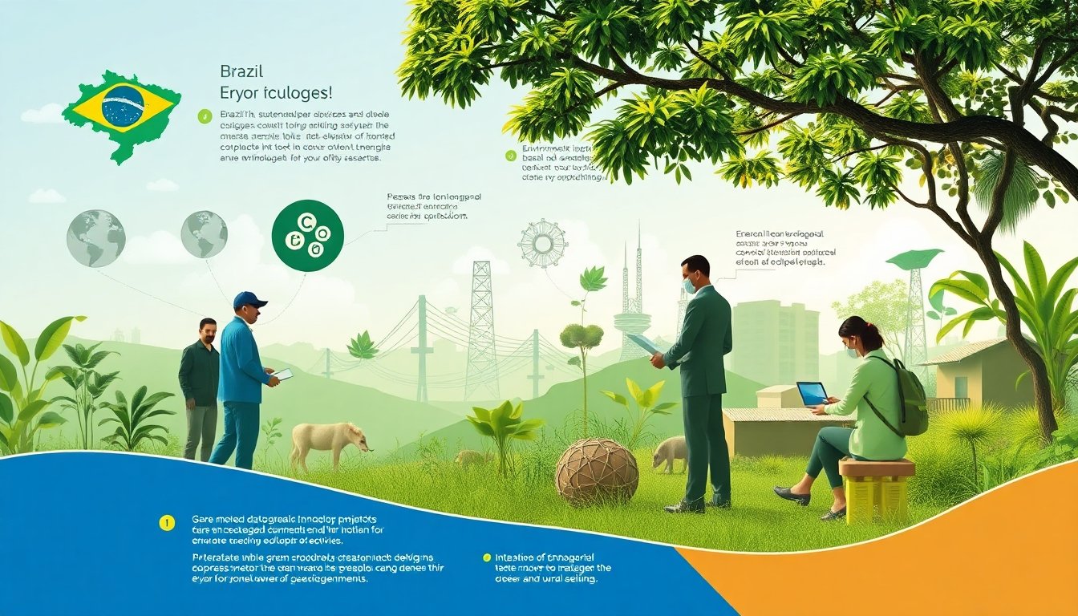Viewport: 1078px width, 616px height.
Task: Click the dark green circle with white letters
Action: click(307, 235)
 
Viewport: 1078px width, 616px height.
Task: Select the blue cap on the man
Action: click(249, 300)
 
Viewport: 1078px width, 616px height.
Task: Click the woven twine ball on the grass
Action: click(597, 471)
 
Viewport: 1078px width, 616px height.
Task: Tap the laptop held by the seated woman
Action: click(813, 394)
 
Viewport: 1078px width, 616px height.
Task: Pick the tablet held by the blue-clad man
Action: click(282, 375)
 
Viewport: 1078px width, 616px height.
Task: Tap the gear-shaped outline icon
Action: click(542, 243)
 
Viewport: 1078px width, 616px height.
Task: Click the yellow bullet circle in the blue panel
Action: click(167, 523)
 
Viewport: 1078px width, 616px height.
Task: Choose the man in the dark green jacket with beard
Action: click(199, 385)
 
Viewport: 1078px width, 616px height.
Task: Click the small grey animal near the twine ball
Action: click(671, 452)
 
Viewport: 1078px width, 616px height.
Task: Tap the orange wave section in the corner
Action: click(922, 561)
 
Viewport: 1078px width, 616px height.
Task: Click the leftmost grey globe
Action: click(95, 238)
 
